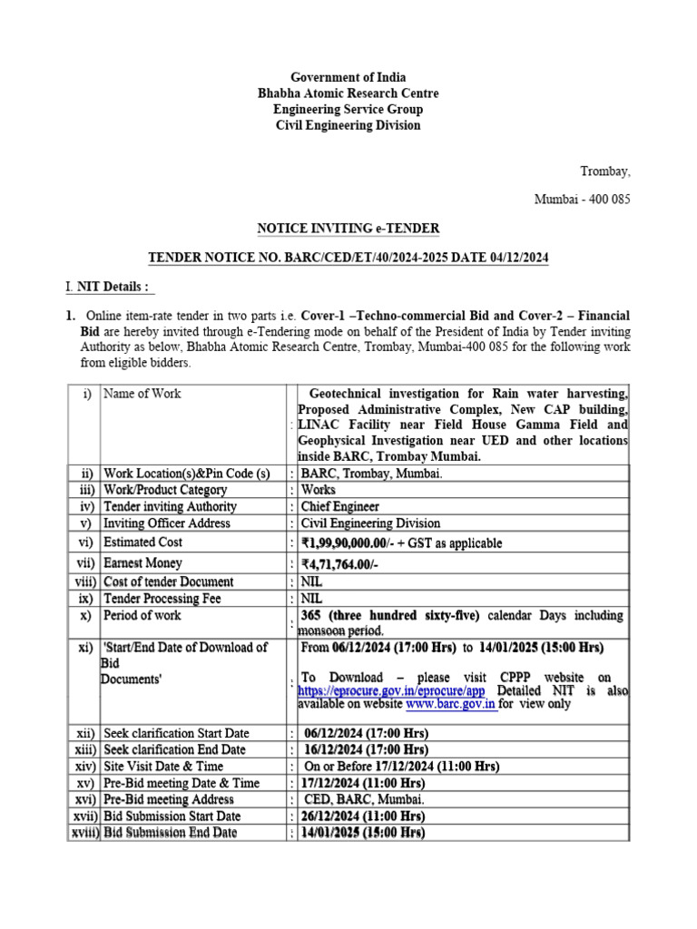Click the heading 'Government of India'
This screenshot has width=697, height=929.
point(348,77)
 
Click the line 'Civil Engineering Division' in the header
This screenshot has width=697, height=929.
point(348,125)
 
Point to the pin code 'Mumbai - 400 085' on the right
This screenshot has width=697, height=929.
point(582,199)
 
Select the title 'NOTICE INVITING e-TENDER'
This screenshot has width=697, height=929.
point(348,228)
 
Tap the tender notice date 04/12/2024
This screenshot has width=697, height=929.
point(517,259)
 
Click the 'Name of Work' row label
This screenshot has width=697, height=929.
point(142,393)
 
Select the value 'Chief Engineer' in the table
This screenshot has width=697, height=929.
point(340,506)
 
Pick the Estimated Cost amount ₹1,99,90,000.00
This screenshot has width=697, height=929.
point(359,543)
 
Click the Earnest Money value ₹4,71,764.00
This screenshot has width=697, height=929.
point(348,563)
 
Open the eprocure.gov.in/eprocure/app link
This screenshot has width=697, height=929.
point(392,690)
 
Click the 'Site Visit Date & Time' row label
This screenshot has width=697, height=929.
point(163,766)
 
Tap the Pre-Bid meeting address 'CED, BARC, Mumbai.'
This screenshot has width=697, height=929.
point(362,799)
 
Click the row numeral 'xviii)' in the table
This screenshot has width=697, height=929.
point(85,832)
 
